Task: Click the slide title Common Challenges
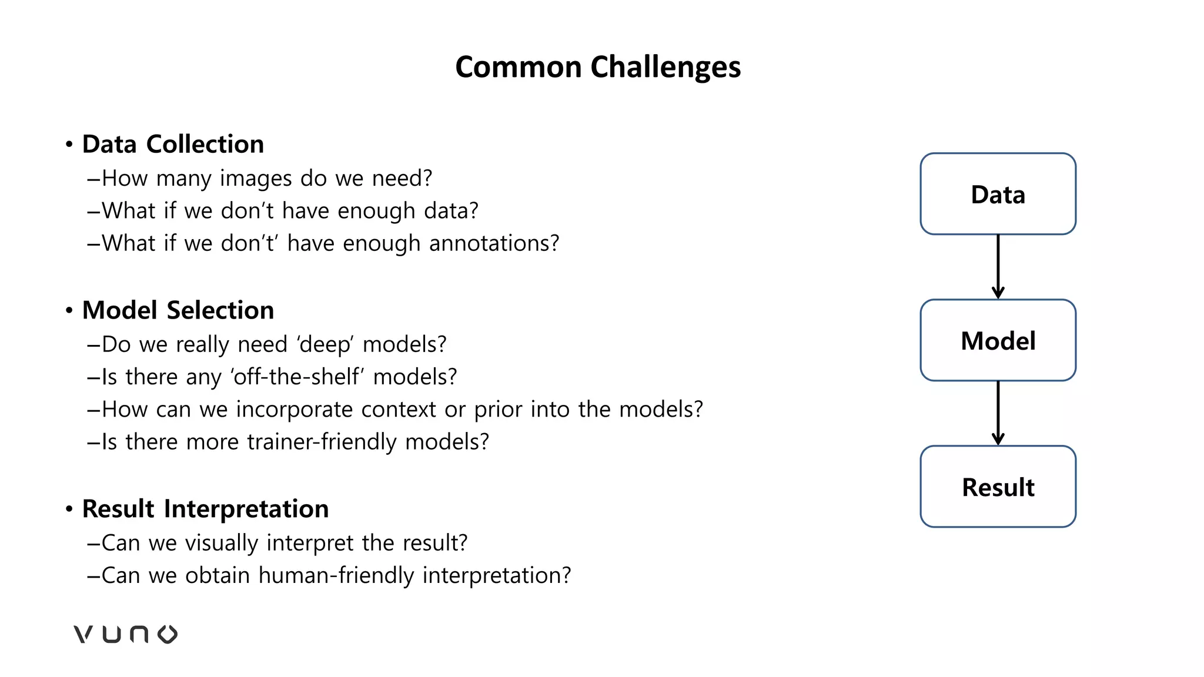point(598,67)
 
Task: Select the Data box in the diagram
point(998,194)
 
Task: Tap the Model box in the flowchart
point(998,340)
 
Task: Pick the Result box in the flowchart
point(998,487)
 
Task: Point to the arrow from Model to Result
point(998,413)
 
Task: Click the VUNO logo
point(125,634)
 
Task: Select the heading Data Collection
point(173,144)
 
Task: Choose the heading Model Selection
point(178,310)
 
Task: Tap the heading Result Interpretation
point(205,509)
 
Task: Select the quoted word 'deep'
point(326,344)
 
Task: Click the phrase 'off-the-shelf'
point(297,377)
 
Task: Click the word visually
point(221,543)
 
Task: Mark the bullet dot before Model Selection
point(69,310)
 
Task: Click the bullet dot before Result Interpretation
point(69,509)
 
